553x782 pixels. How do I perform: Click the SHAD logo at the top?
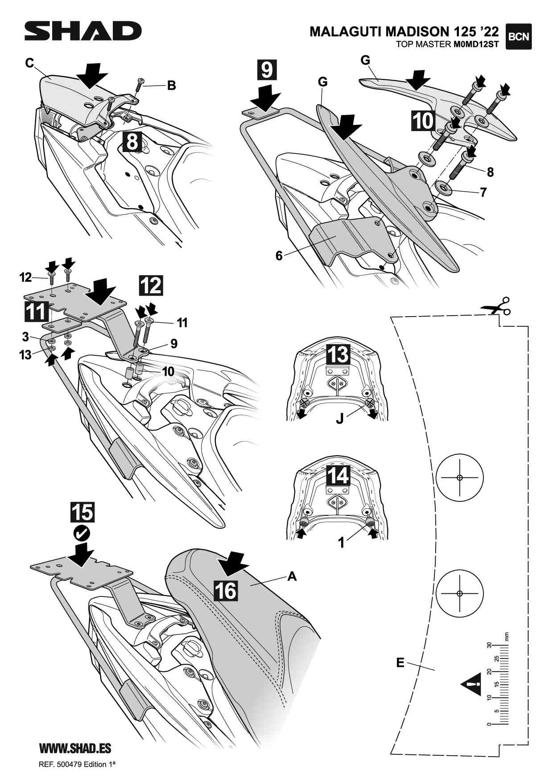pos(83,31)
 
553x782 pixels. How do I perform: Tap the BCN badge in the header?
pos(519,36)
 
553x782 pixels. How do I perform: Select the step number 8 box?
pos(132,142)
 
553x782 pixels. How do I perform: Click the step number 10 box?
pos(422,121)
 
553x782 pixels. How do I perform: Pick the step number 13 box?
pos(338,354)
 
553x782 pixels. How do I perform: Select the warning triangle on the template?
pos(472,683)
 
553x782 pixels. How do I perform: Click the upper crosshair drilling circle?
pos(460,477)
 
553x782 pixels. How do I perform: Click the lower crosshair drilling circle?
pos(460,593)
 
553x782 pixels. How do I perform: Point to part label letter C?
pos(30,63)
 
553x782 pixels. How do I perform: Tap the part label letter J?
pos(340,420)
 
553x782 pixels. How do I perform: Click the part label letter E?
pos(400,663)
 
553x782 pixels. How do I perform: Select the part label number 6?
pos(279,255)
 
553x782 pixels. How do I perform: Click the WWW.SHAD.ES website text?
pos(75,748)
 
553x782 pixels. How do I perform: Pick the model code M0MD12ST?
pos(476,44)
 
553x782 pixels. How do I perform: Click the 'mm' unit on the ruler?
pos(506,636)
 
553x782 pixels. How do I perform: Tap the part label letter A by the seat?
pos(292,576)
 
